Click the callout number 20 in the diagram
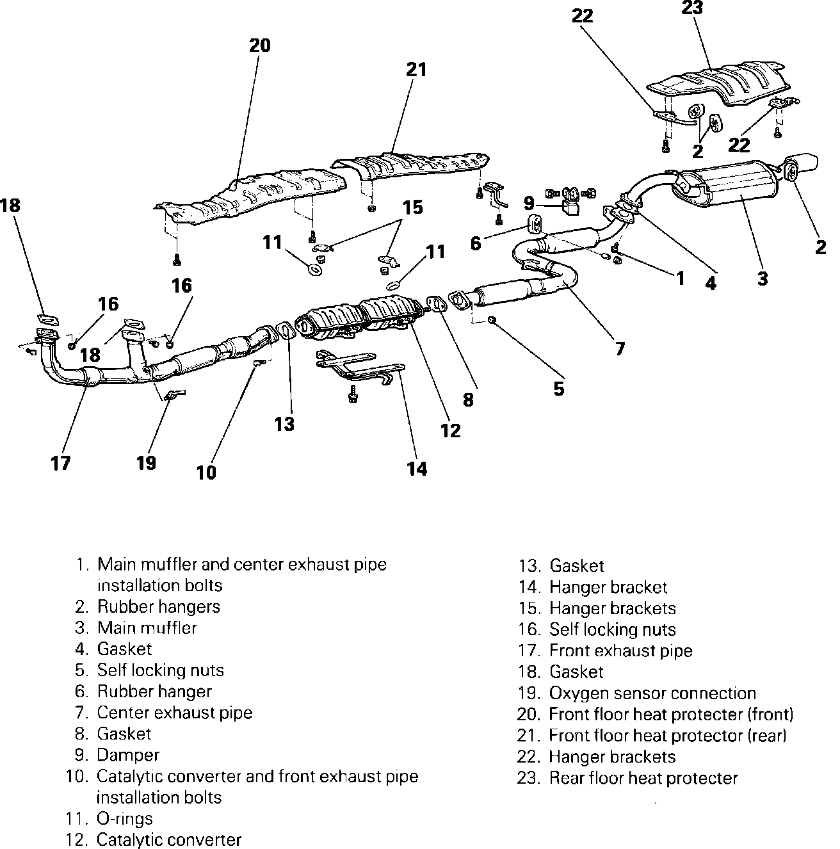[x=260, y=45]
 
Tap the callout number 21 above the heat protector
[x=416, y=69]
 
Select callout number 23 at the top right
[x=692, y=8]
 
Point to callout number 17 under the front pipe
[x=61, y=463]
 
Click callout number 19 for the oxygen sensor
[x=146, y=463]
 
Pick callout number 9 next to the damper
[x=529, y=204]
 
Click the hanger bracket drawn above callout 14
[x=359, y=368]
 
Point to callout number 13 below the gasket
[x=284, y=424]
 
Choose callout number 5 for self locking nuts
[x=559, y=389]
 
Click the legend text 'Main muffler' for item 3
[x=147, y=627]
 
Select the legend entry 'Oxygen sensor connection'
[x=652, y=693]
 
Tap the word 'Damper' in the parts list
[x=128, y=755]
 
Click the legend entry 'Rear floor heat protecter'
[x=643, y=779]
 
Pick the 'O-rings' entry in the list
[x=125, y=818]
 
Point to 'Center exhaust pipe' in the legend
[x=174, y=713]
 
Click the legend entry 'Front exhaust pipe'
[x=620, y=651]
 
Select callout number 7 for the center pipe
[x=620, y=349]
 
